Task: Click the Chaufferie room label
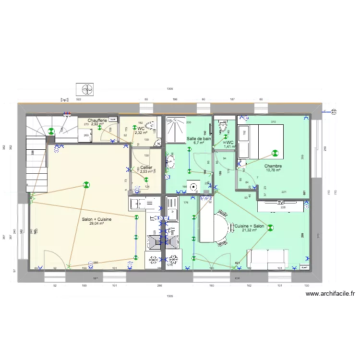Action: coord(97,120)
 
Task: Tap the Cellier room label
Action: coord(146,167)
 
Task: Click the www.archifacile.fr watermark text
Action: coord(330,294)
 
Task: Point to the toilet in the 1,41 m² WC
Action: coord(223,127)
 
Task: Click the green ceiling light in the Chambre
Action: coord(275,154)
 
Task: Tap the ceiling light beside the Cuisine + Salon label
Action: coord(270,228)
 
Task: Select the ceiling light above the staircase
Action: coord(51,130)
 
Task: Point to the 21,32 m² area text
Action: coord(249,230)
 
